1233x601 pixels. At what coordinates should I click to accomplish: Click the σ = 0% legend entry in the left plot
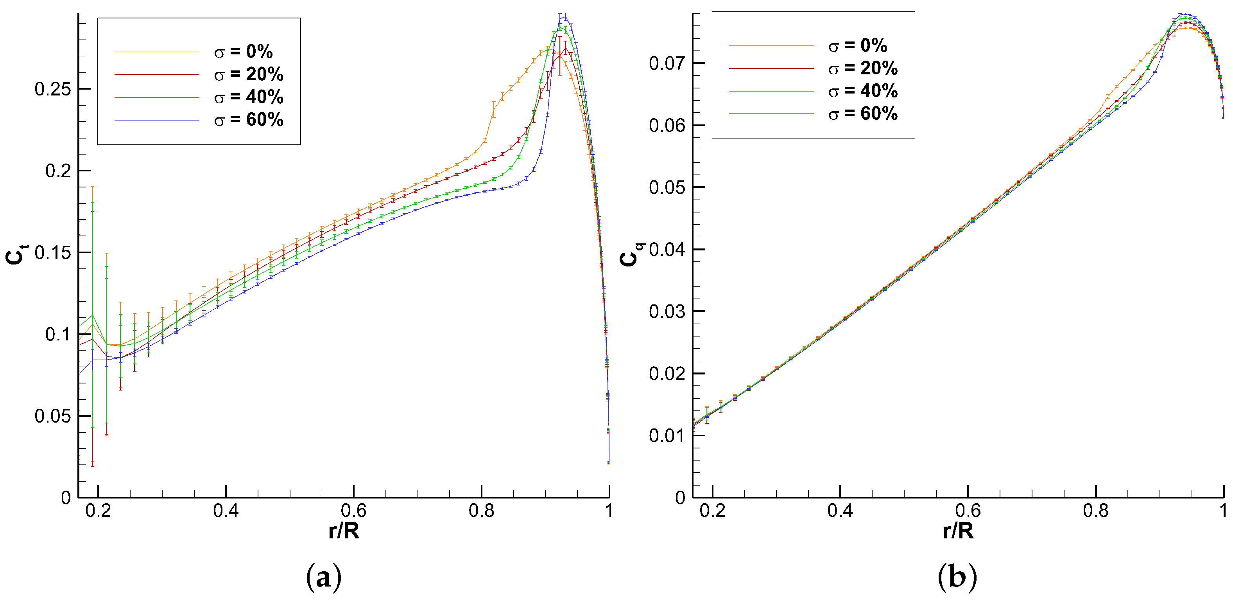point(243,52)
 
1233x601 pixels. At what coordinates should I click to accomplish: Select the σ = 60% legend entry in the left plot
point(248,120)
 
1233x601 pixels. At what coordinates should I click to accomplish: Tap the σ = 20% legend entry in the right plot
point(862,68)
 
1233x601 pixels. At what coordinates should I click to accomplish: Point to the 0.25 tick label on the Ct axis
point(53,89)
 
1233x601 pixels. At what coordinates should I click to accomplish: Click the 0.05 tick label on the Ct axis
point(53,416)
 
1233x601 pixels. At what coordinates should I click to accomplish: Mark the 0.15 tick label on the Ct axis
point(53,252)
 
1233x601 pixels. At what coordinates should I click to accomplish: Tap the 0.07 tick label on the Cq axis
point(667,63)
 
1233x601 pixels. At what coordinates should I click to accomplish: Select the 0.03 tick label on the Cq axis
point(667,311)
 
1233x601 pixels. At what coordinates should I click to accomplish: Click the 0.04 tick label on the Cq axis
point(667,250)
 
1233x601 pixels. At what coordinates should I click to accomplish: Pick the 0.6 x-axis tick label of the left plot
point(354,511)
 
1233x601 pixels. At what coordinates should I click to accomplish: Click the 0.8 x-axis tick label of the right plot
point(1096,511)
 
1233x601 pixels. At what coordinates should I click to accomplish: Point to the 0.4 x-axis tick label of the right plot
point(840,511)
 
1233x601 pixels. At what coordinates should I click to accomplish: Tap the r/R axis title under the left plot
point(344,531)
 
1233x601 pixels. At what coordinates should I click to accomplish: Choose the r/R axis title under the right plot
point(958,531)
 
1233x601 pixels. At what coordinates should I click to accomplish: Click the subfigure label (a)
point(324,578)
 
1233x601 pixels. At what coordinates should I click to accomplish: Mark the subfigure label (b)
point(957,578)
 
